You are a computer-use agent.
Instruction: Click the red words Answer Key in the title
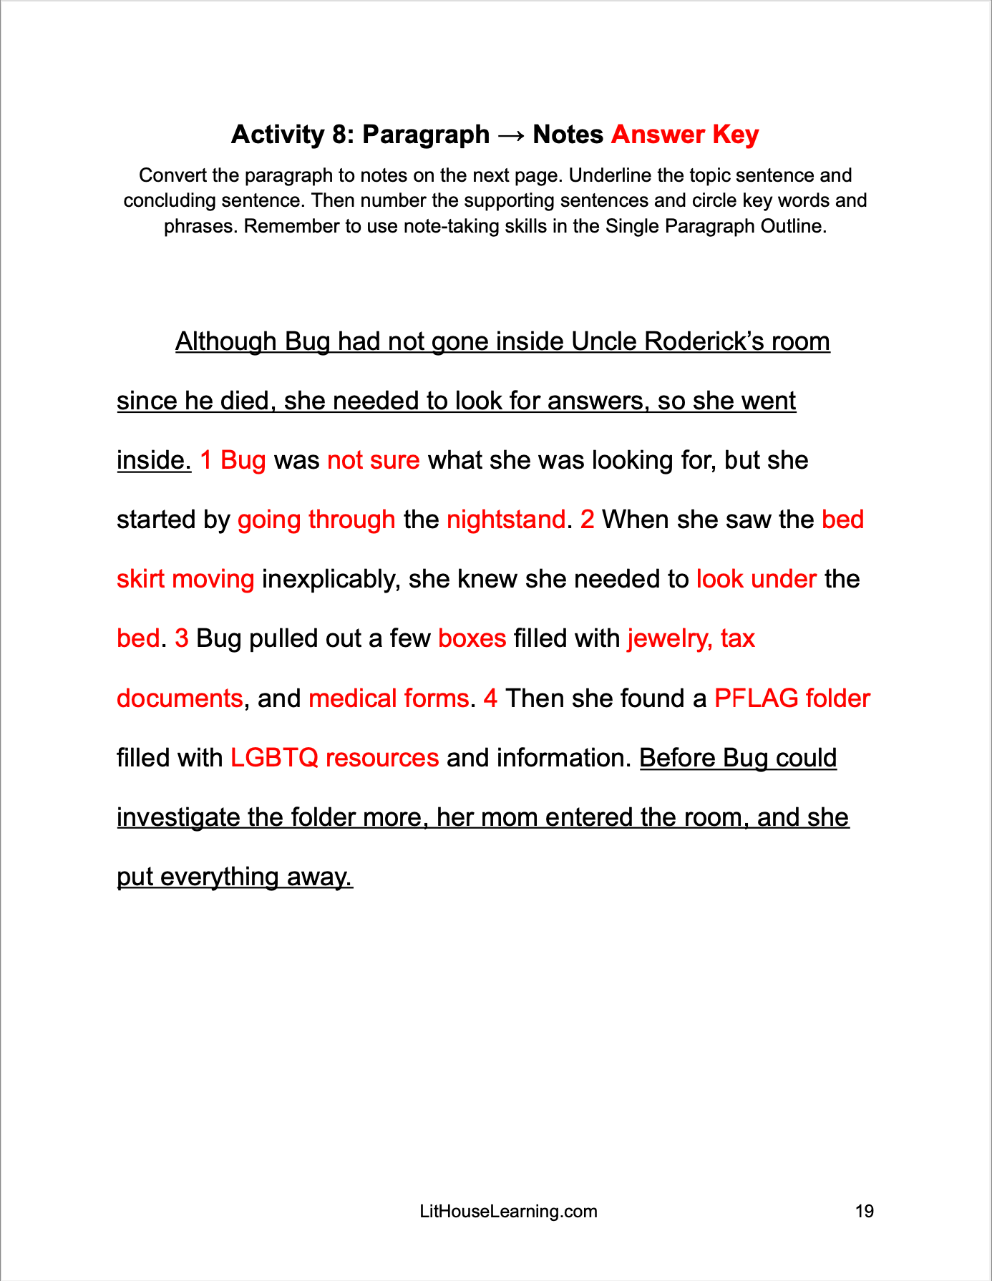684,135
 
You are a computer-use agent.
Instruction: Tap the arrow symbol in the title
511,135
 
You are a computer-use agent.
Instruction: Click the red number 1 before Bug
206,460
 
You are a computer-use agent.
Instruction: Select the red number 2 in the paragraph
587,520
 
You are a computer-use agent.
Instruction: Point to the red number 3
182,638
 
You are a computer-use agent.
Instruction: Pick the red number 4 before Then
490,698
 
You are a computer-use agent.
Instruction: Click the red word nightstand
505,520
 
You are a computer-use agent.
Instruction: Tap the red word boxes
472,638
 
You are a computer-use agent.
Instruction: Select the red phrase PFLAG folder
792,698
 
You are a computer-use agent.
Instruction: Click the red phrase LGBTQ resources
334,758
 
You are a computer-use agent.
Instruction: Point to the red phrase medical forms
389,698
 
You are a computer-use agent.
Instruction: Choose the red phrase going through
316,520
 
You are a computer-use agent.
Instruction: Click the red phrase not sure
373,460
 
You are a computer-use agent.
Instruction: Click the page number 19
864,1212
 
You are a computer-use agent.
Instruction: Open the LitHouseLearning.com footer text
508,1212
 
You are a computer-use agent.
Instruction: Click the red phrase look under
756,579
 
